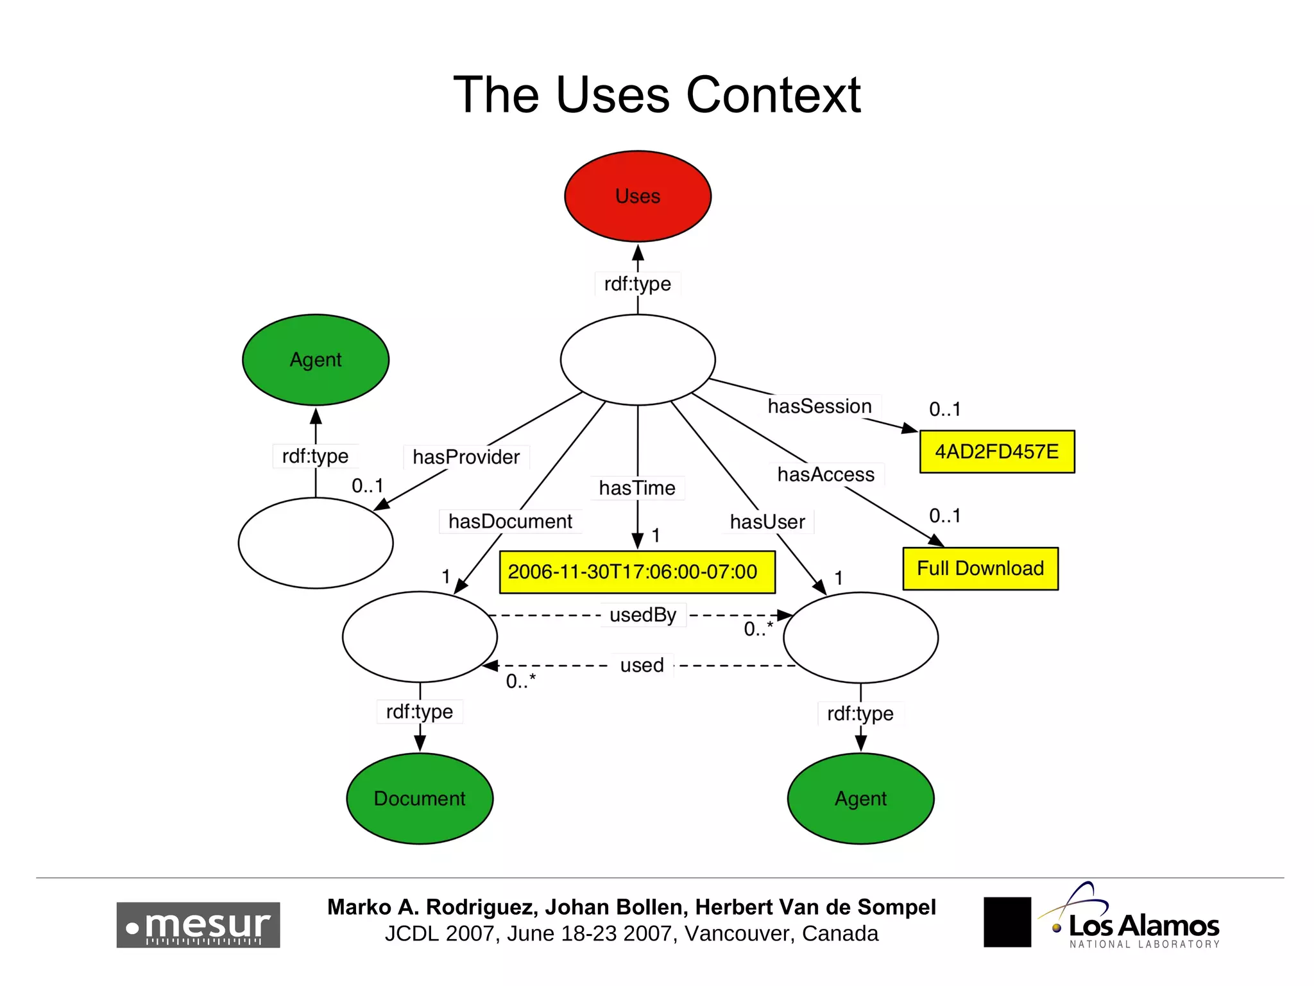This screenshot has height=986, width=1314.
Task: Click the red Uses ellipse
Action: (x=638, y=196)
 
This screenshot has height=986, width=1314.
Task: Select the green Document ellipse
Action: (x=420, y=799)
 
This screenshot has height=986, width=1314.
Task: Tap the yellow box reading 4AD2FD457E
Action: (x=996, y=452)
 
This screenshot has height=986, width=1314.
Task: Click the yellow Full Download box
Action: (x=980, y=569)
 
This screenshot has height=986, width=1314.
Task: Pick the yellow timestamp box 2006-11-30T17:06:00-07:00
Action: (x=636, y=572)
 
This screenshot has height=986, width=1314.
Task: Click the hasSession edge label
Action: (x=819, y=406)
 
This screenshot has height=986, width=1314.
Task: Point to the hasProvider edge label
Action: (x=466, y=457)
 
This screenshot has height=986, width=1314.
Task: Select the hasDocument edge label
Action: (x=510, y=521)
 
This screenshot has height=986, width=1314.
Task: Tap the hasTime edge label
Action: (x=637, y=488)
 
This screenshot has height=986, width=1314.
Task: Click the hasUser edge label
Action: (x=767, y=522)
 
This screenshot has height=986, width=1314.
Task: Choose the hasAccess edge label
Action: (x=826, y=474)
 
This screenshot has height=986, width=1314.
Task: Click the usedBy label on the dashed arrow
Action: (x=643, y=615)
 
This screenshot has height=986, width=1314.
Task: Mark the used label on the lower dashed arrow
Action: (x=642, y=665)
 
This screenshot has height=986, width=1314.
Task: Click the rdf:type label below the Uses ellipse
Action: (x=637, y=284)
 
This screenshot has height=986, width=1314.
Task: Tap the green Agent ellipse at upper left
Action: (x=316, y=359)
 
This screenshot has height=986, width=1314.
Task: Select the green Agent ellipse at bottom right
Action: (x=860, y=799)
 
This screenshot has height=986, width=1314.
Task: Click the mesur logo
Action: (x=198, y=925)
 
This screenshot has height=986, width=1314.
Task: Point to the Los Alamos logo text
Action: (x=1143, y=926)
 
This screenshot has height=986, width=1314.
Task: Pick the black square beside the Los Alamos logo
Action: (x=1007, y=922)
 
